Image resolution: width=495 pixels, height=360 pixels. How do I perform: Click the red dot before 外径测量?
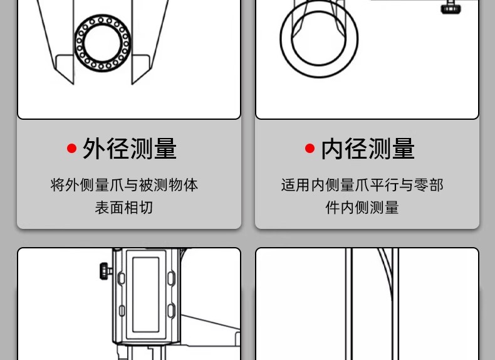point(71,148)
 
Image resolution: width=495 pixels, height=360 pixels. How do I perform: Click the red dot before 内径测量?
point(310,148)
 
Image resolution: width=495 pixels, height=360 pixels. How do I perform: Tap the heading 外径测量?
point(130,149)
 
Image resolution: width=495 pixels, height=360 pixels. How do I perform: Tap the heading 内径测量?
point(367,149)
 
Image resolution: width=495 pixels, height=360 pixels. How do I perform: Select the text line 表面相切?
point(124,208)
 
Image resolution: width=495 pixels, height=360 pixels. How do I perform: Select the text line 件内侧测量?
point(362,208)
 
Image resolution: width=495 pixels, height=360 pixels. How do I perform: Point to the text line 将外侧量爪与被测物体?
point(124,185)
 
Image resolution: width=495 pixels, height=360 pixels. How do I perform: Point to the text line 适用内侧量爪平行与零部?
point(362,185)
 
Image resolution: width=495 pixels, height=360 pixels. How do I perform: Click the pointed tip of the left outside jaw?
point(73,84)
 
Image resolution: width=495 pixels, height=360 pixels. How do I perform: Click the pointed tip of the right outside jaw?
point(132,84)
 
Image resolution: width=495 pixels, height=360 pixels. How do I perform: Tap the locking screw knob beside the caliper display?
point(106,271)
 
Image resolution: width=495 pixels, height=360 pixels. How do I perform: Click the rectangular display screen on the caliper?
point(145,295)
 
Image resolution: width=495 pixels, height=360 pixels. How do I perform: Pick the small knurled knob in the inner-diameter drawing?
point(450,8)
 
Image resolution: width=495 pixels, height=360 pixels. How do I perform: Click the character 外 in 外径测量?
point(94,149)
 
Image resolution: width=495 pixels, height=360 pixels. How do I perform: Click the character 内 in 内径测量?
point(332,149)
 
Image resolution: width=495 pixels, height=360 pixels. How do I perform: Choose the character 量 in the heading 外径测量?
point(165,149)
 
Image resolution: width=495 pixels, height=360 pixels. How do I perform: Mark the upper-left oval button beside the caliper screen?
point(121,278)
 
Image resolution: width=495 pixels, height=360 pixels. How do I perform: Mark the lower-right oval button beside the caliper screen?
point(171,310)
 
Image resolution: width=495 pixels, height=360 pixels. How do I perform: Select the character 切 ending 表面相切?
point(146,208)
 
